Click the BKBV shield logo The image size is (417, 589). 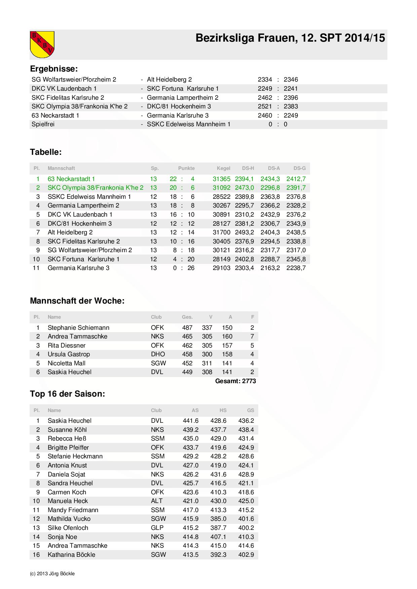click(x=42, y=44)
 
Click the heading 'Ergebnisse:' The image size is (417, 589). click(x=54, y=69)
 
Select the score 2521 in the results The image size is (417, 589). click(x=265, y=106)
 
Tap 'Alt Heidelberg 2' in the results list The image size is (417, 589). click(x=169, y=80)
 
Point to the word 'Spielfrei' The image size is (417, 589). click(x=43, y=124)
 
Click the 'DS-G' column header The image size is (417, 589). click(x=299, y=168)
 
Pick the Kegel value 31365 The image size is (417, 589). click(x=221, y=179)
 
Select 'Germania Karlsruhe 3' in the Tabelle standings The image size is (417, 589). click(x=78, y=268)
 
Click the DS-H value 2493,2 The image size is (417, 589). click(x=244, y=232)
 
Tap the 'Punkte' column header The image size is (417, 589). click(x=186, y=168)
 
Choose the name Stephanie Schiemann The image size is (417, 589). click(x=78, y=328)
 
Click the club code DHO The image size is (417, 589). click(x=158, y=354)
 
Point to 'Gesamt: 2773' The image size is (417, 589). click(x=235, y=381)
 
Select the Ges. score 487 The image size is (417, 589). click(x=187, y=328)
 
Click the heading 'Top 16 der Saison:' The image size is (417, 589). click(x=67, y=394)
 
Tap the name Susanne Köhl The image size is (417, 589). click(x=67, y=430)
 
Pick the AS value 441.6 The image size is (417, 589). click(x=191, y=421)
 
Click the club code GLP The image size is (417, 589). click(x=157, y=528)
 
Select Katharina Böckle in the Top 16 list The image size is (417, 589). click(x=71, y=555)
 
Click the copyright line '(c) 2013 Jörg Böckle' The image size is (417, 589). click(x=52, y=574)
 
